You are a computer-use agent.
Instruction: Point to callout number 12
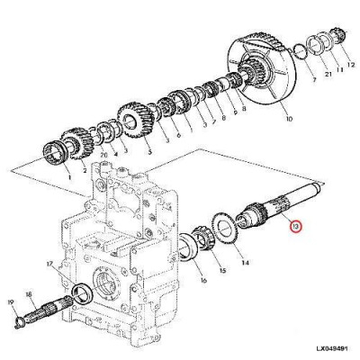[x=351, y=67]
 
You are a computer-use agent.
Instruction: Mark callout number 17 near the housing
[x=51, y=264]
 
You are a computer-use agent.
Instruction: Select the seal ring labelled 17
[x=81, y=291]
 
